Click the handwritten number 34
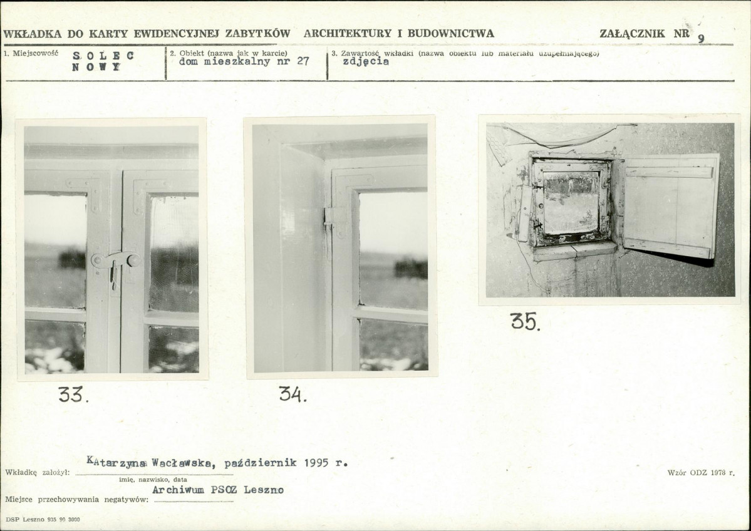click(x=293, y=394)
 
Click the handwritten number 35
click(x=526, y=322)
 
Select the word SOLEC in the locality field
click(x=103, y=56)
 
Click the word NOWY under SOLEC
click(x=96, y=67)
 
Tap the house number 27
click(x=303, y=61)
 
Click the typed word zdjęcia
click(x=366, y=62)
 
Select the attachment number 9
click(x=701, y=39)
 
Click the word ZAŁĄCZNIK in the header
click(x=632, y=34)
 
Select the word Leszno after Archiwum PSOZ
click(x=264, y=490)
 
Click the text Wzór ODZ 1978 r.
click(x=701, y=473)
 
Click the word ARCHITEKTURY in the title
click(x=347, y=34)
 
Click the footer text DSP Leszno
click(x=26, y=519)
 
